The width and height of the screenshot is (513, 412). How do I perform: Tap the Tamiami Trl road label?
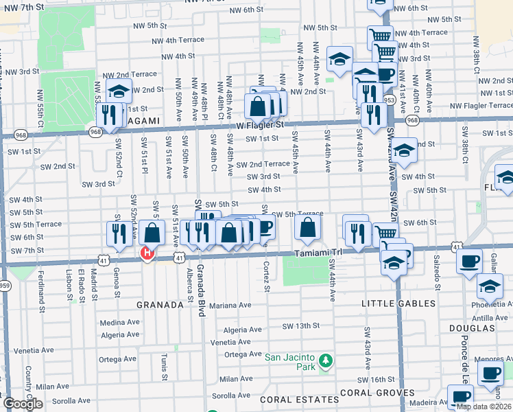pyautogui.click(x=320, y=251)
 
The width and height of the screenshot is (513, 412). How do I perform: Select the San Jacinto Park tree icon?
pyautogui.click(x=327, y=360)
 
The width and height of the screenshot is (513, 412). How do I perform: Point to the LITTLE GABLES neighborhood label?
pyautogui.click(x=398, y=303)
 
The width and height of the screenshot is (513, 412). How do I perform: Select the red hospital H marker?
pyautogui.click(x=146, y=254)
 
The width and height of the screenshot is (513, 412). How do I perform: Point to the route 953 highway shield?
pyautogui.click(x=390, y=100)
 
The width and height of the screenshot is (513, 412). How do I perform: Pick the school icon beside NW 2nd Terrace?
pyautogui.click(x=119, y=91)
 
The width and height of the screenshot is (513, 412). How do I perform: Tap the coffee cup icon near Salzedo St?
pyautogui.click(x=469, y=262)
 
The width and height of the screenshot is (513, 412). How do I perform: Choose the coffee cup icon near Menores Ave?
pyautogui.click(x=490, y=374)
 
